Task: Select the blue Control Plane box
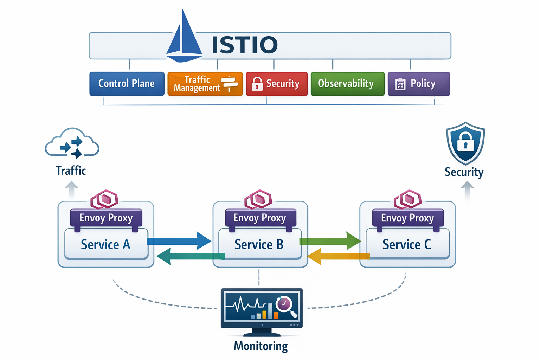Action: click(x=127, y=84)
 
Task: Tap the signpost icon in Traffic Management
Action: click(x=229, y=83)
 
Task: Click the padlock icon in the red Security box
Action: click(x=257, y=84)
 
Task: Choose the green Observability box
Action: click(x=347, y=84)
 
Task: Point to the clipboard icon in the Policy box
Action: click(x=400, y=84)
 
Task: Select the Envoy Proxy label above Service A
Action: click(x=106, y=218)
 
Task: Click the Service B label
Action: click(x=259, y=244)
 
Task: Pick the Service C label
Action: click(x=407, y=244)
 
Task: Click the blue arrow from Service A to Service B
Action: click(x=179, y=241)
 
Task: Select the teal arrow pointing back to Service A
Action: click(x=190, y=256)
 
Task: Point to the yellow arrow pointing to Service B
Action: click(x=337, y=256)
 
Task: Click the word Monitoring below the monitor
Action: click(x=261, y=346)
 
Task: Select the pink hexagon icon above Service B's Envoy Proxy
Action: click(x=259, y=199)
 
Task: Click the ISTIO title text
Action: click(x=245, y=45)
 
